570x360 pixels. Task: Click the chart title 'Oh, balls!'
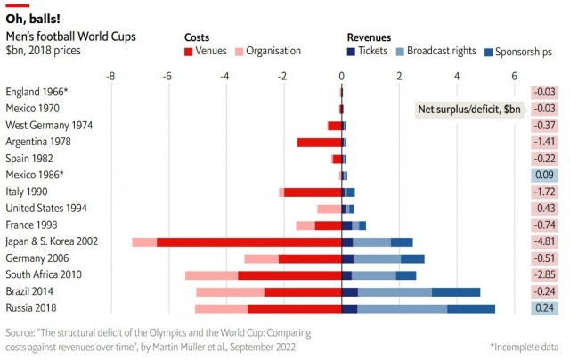coord(33,19)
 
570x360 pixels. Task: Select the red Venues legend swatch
coord(188,52)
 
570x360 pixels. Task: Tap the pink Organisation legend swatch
coord(239,52)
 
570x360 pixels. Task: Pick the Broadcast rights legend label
coord(442,51)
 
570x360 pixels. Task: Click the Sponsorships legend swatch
coord(489,52)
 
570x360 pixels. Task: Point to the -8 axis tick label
coord(110,76)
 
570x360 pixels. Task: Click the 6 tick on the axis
coord(514,76)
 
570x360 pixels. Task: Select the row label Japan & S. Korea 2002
coord(52,241)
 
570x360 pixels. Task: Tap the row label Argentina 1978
coord(38,142)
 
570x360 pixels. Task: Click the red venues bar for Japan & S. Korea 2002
coord(249,242)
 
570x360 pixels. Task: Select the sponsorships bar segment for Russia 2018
coord(471,308)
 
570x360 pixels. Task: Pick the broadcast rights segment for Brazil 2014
coord(395,292)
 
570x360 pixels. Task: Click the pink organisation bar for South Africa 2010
coord(212,275)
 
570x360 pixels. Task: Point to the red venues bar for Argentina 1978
coord(319,143)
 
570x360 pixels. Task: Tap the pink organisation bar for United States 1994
coord(330,209)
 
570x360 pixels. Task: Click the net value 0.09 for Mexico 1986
coord(544,175)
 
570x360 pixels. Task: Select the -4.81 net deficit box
coord(544,241)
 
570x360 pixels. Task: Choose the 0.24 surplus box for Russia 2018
coord(544,308)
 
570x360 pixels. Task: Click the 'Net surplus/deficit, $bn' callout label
coord(469,109)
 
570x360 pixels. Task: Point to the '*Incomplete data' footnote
coord(525,347)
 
